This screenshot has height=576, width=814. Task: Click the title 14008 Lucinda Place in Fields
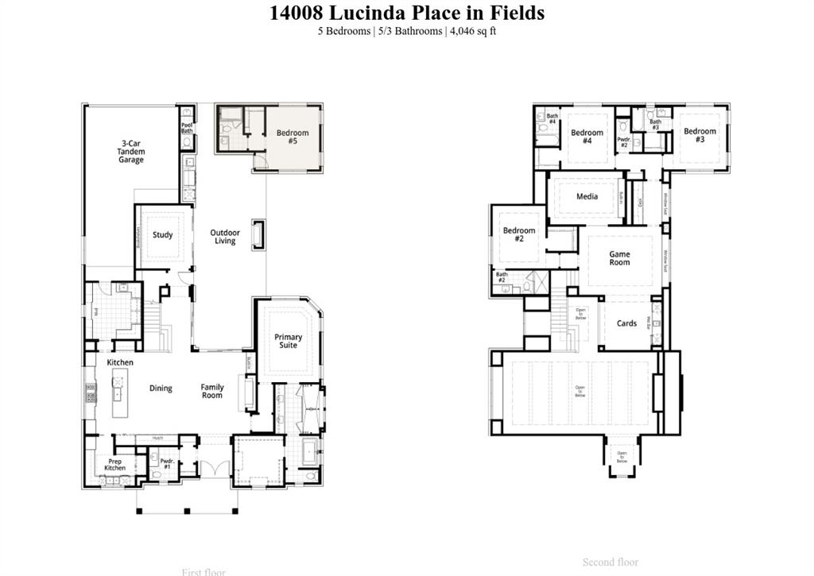[406, 13]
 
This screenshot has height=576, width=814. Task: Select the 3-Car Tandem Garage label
[131, 152]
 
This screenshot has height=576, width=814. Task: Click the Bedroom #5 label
[293, 137]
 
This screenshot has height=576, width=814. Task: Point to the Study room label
[163, 235]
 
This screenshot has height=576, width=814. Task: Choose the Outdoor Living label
[225, 237]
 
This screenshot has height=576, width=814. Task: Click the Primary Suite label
[289, 342]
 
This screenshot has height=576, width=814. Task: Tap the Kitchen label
[120, 362]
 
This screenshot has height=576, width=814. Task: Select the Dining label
[161, 389]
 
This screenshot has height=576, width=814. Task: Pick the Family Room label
[212, 391]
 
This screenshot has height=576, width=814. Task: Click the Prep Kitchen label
[114, 464]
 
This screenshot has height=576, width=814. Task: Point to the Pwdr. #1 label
[167, 463]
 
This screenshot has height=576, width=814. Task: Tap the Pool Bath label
[187, 127]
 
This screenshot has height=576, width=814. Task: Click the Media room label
[587, 196]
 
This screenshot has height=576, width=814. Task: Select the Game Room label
[619, 258]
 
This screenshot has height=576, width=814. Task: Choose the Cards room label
[626, 323]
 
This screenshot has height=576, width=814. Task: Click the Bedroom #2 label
[519, 234]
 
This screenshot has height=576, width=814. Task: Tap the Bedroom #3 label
[700, 135]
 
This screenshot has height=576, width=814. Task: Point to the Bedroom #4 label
[587, 137]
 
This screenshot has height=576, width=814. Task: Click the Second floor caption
[610, 562]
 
